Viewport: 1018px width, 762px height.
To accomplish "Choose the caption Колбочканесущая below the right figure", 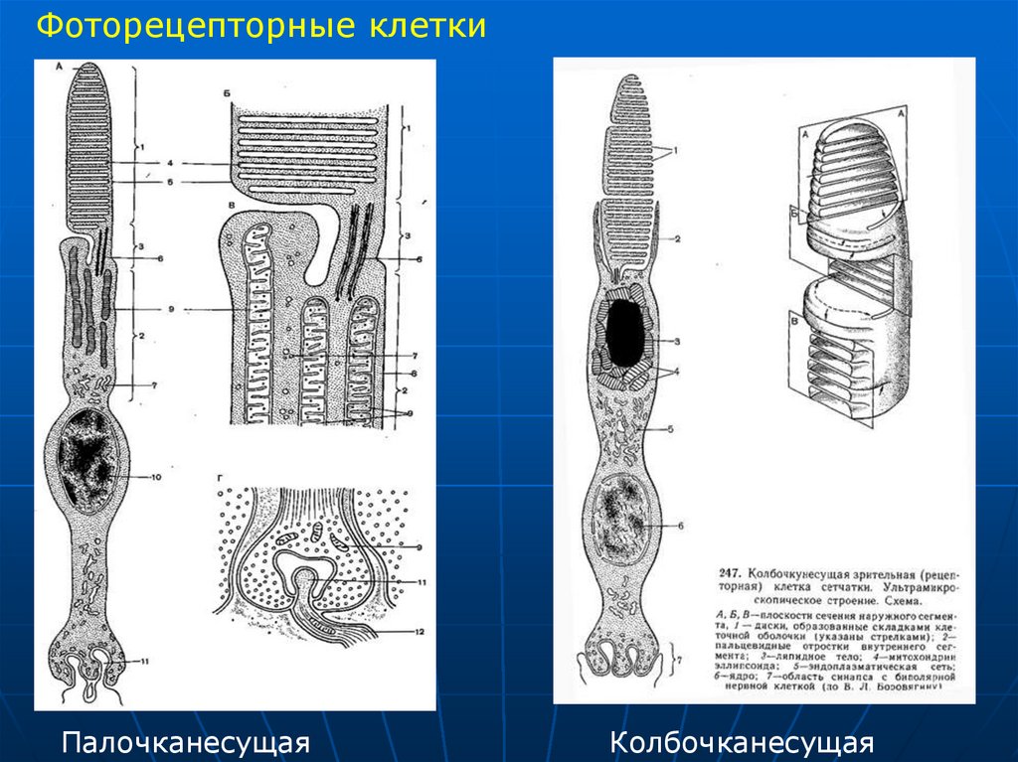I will [742, 742].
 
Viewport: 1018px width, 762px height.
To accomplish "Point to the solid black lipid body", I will [624, 332].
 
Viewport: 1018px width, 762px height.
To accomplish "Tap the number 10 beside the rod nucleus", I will [156, 478].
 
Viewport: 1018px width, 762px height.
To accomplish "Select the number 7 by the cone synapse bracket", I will [679, 659].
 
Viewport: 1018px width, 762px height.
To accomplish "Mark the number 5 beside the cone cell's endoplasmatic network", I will [671, 428].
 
